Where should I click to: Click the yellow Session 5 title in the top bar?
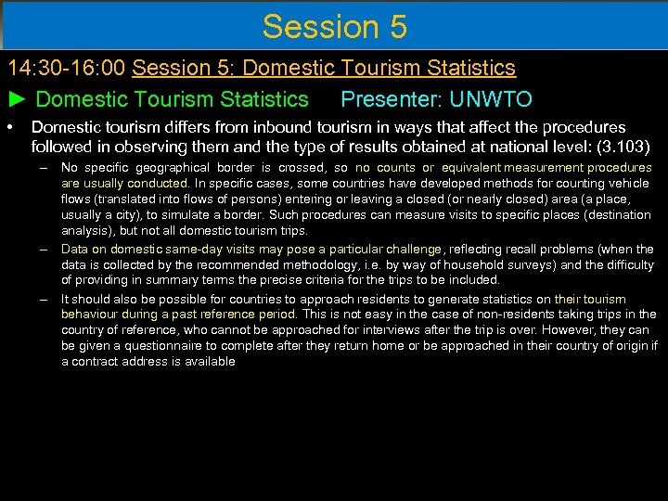point(334,26)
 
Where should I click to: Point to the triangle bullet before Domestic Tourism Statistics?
point(18,99)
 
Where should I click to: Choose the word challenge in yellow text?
point(411,249)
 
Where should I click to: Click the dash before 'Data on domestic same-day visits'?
point(44,249)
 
